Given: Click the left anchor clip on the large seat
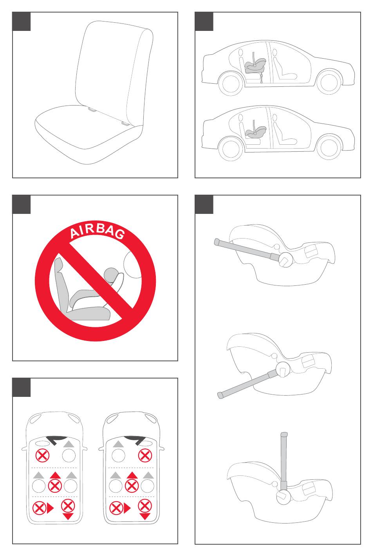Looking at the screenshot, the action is tap(92, 109).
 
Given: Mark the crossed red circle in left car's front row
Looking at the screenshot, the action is tap(43, 456).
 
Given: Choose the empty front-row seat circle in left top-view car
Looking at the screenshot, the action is tap(69, 456).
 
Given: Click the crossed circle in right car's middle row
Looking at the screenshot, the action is tap(132, 486).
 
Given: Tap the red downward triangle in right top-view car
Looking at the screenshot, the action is tap(145, 517).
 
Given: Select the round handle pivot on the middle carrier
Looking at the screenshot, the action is tap(283, 369).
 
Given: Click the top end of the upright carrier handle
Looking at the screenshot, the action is tap(284, 434).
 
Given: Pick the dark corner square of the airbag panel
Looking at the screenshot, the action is tap(22, 204).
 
